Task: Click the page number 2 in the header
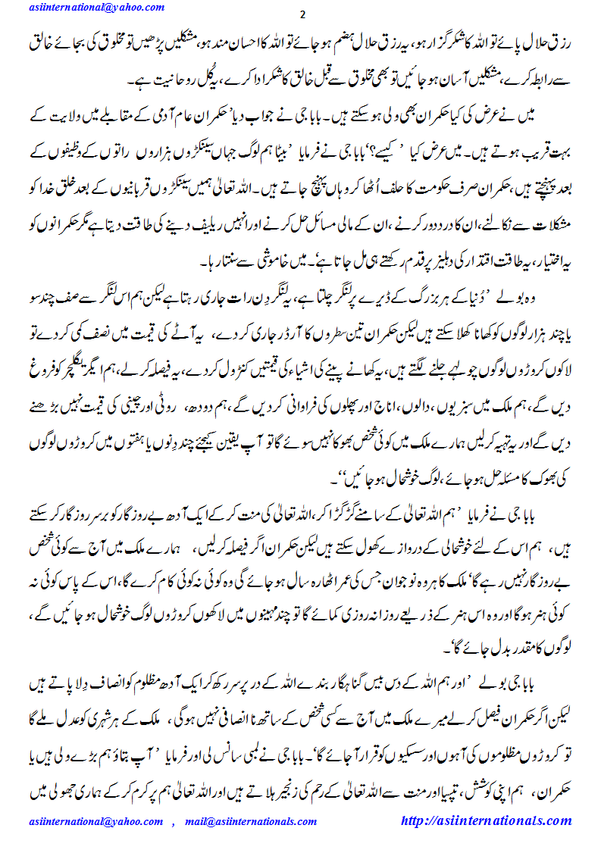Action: coord(302,16)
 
